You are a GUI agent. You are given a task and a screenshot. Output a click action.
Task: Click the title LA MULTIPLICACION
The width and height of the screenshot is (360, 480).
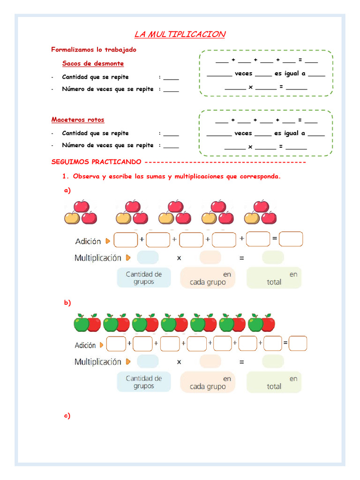(x=180, y=34)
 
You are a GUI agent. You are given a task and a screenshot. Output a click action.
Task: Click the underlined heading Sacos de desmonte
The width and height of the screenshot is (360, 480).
(x=93, y=63)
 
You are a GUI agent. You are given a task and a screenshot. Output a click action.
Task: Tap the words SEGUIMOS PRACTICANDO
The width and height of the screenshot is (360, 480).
(x=96, y=162)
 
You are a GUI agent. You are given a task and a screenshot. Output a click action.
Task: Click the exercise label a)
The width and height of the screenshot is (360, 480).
(x=67, y=190)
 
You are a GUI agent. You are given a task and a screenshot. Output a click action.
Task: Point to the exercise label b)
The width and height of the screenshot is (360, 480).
(x=67, y=302)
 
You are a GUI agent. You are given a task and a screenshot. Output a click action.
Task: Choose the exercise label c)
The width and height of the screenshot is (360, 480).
(x=67, y=415)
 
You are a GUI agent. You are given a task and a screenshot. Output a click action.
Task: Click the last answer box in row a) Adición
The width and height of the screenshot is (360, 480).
(x=291, y=240)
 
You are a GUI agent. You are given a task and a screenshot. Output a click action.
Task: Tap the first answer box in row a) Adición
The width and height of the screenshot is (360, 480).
(x=126, y=240)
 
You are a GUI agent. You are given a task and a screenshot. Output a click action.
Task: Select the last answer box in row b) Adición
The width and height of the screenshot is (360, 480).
(x=298, y=344)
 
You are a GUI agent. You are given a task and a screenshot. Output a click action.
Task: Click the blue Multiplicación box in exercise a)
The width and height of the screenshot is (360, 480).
(x=148, y=258)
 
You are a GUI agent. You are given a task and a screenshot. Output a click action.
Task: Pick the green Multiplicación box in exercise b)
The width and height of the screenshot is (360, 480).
(x=273, y=361)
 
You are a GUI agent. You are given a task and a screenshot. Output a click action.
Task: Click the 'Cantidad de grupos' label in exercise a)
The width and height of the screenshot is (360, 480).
(x=144, y=277)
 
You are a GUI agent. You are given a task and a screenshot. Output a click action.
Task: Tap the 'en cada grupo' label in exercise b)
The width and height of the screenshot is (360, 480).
(x=208, y=382)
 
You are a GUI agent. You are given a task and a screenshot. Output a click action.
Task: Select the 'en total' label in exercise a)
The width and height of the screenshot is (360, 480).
(x=274, y=278)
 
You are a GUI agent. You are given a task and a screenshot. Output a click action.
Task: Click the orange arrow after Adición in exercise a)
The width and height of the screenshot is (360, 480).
(x=108, y=241)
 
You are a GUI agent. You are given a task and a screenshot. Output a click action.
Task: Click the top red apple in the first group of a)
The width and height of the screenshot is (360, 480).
(x=82, y=206)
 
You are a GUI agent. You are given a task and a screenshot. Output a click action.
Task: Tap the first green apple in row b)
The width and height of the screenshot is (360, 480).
(x=81, y=323)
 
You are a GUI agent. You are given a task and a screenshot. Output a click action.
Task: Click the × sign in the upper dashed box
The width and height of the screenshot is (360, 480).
(x=251, y=87)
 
